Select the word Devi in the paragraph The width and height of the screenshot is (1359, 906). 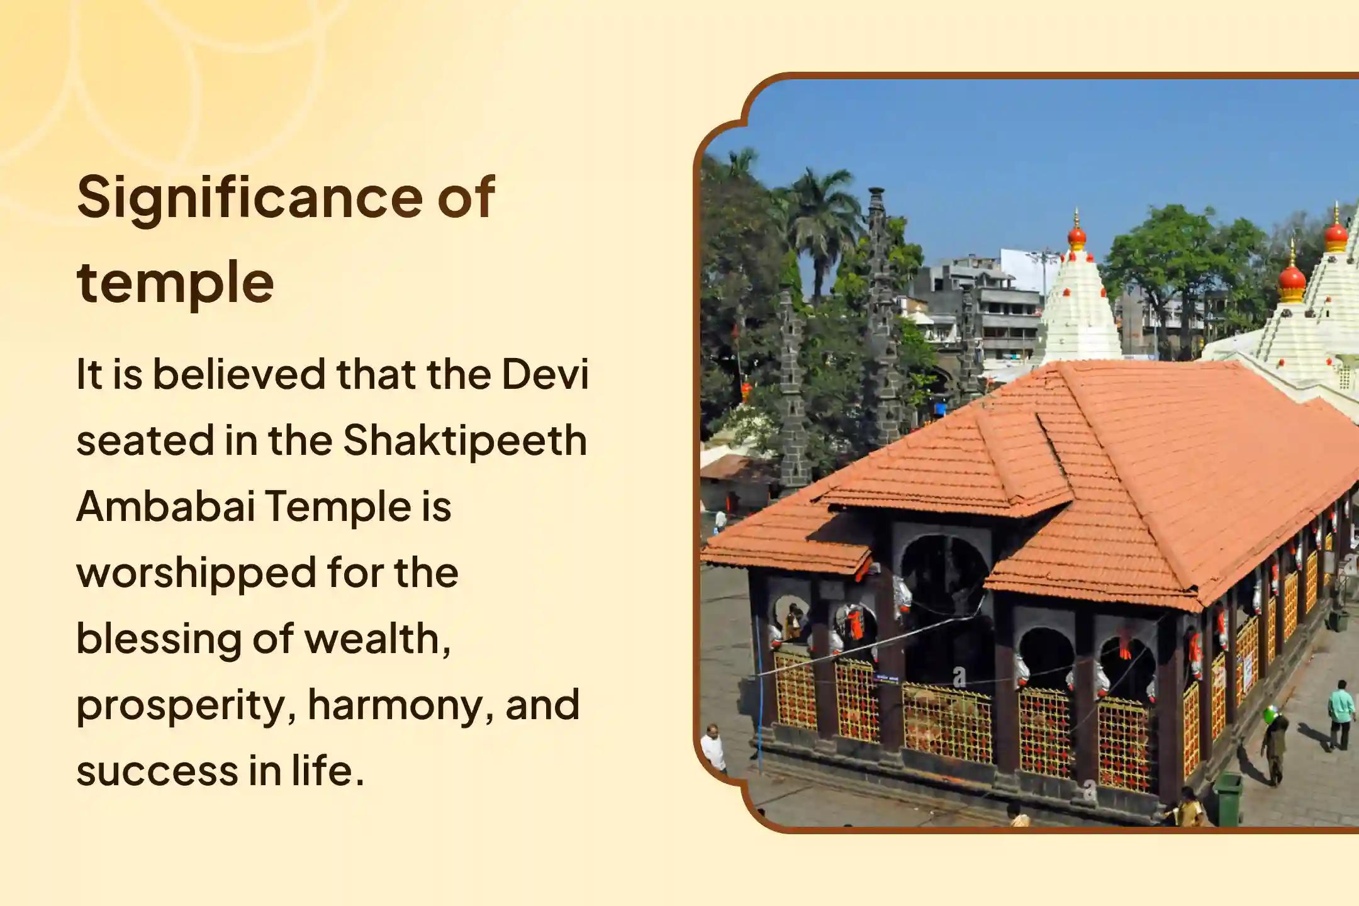[x=545, y=374]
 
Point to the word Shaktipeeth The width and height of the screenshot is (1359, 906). [x=465, y=442]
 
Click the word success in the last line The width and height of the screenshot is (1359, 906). [x=156, y=771]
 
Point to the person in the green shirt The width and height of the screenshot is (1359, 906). [x=1341, y=715]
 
